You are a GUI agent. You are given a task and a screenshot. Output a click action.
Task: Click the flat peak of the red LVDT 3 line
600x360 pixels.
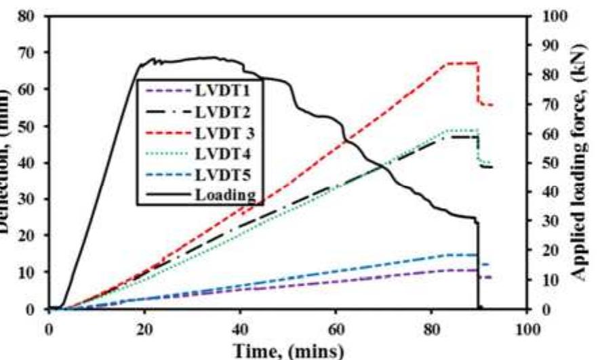tap(461, 63)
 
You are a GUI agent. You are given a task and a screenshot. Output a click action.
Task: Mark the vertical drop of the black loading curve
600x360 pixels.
tap(478, 264)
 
